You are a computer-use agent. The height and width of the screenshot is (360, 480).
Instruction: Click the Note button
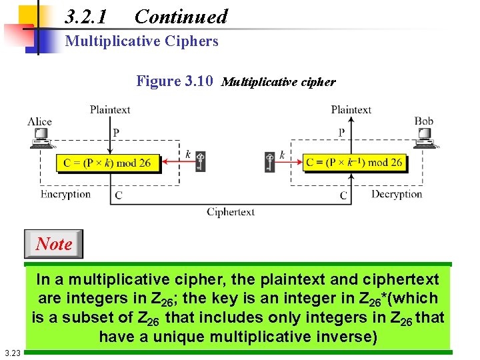(x=53, y=244)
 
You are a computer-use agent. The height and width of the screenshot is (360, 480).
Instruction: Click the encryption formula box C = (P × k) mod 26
(x=108, y=162)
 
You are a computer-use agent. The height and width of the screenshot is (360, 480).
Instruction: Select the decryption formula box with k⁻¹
(x=354, y=162)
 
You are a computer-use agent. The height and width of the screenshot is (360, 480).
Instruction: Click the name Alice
(x=40, y=121)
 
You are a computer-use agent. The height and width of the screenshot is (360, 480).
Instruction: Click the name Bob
(x=424, y=121)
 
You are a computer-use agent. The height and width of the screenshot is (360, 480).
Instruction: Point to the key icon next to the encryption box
(x=199, y=161)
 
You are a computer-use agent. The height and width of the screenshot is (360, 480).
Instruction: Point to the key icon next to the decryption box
(x=270, y=161)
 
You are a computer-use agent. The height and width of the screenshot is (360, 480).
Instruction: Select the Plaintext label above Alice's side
(x=110, y=109)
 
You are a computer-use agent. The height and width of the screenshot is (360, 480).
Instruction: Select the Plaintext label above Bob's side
(x=351, y=109)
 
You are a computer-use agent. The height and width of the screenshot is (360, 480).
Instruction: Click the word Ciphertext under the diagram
(x=231, y=212)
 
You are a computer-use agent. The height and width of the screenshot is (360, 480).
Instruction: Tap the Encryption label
(x=65, y=194)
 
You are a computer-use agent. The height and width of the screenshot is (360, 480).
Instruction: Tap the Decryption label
(x=397, y=194)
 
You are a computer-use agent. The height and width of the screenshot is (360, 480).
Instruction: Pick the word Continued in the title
(x=181, y=17)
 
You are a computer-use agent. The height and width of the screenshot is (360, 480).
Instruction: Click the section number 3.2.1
(x=86, y=17)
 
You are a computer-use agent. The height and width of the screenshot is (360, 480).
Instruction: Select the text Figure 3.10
(x=175, y=81)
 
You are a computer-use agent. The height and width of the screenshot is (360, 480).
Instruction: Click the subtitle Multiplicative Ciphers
(x=141, y=41)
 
